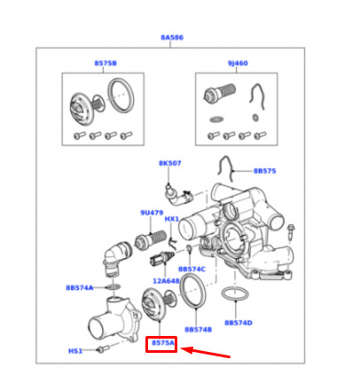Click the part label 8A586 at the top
[172, 37]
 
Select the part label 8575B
[106, 63]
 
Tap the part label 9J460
[238, 63]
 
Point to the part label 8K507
[170, 163]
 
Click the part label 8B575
[265, 171]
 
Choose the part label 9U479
[152, 213]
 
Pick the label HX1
[172, 219]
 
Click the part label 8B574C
[192, 270]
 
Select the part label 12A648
[166, 281]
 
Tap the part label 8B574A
[80, 288]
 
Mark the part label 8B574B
[199, 330]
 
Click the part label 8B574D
[239, 323]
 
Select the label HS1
[75, 351]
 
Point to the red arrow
[205, 353]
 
